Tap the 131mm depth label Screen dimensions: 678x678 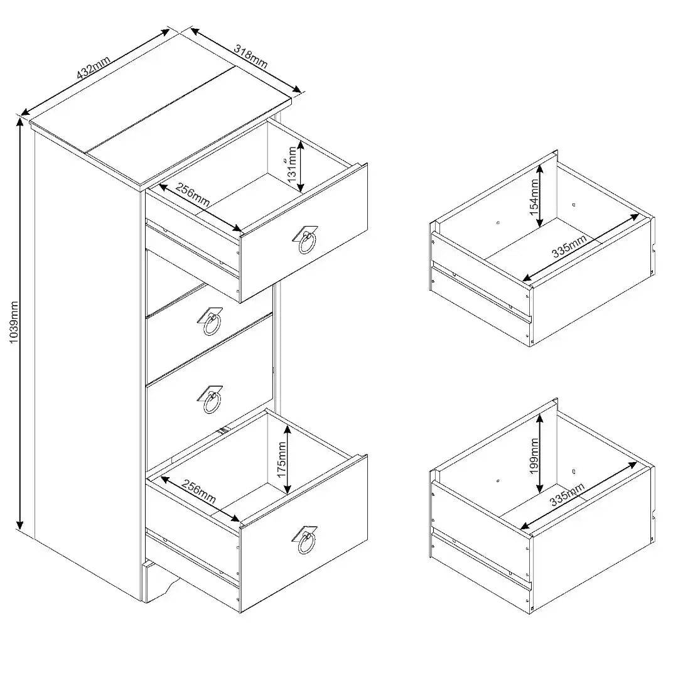(292, 165)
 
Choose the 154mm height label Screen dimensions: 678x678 (534, 196)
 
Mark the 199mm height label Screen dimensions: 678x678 (534, 457)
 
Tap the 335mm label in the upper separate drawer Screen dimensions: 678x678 (570, 245)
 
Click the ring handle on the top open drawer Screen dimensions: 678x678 (307, 240)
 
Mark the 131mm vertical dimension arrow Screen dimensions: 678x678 (301, 166)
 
